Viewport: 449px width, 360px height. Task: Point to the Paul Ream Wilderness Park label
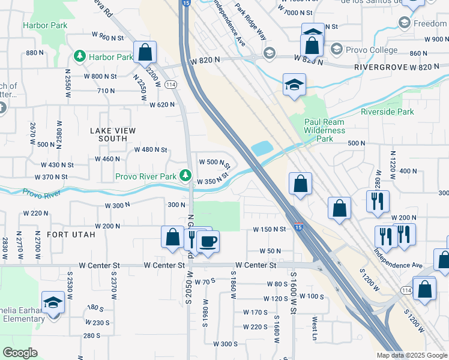(325, 130)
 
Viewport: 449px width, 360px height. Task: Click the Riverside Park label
(387, 112)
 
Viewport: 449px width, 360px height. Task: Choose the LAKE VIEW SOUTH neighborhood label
(113, 134)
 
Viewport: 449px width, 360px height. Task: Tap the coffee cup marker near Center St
(208, 242)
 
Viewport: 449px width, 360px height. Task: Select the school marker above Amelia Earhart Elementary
(53, 302)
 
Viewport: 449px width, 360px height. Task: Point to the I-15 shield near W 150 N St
(298, 227)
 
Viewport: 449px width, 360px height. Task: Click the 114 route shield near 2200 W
(171, 85)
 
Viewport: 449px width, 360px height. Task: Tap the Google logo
(20, 352)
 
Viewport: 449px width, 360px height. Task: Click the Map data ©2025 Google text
(411, 355)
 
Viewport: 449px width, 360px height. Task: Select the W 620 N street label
(162, 104)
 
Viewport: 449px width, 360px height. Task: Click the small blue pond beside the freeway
(262, 148)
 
